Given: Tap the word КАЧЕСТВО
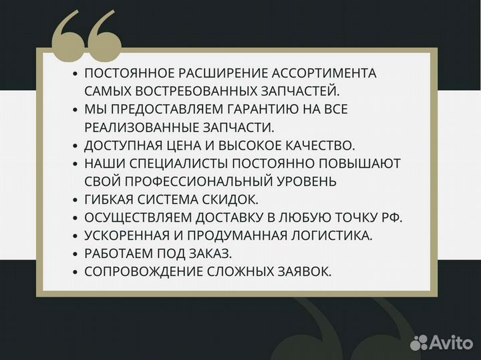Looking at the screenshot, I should click(x=320, y=145).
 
